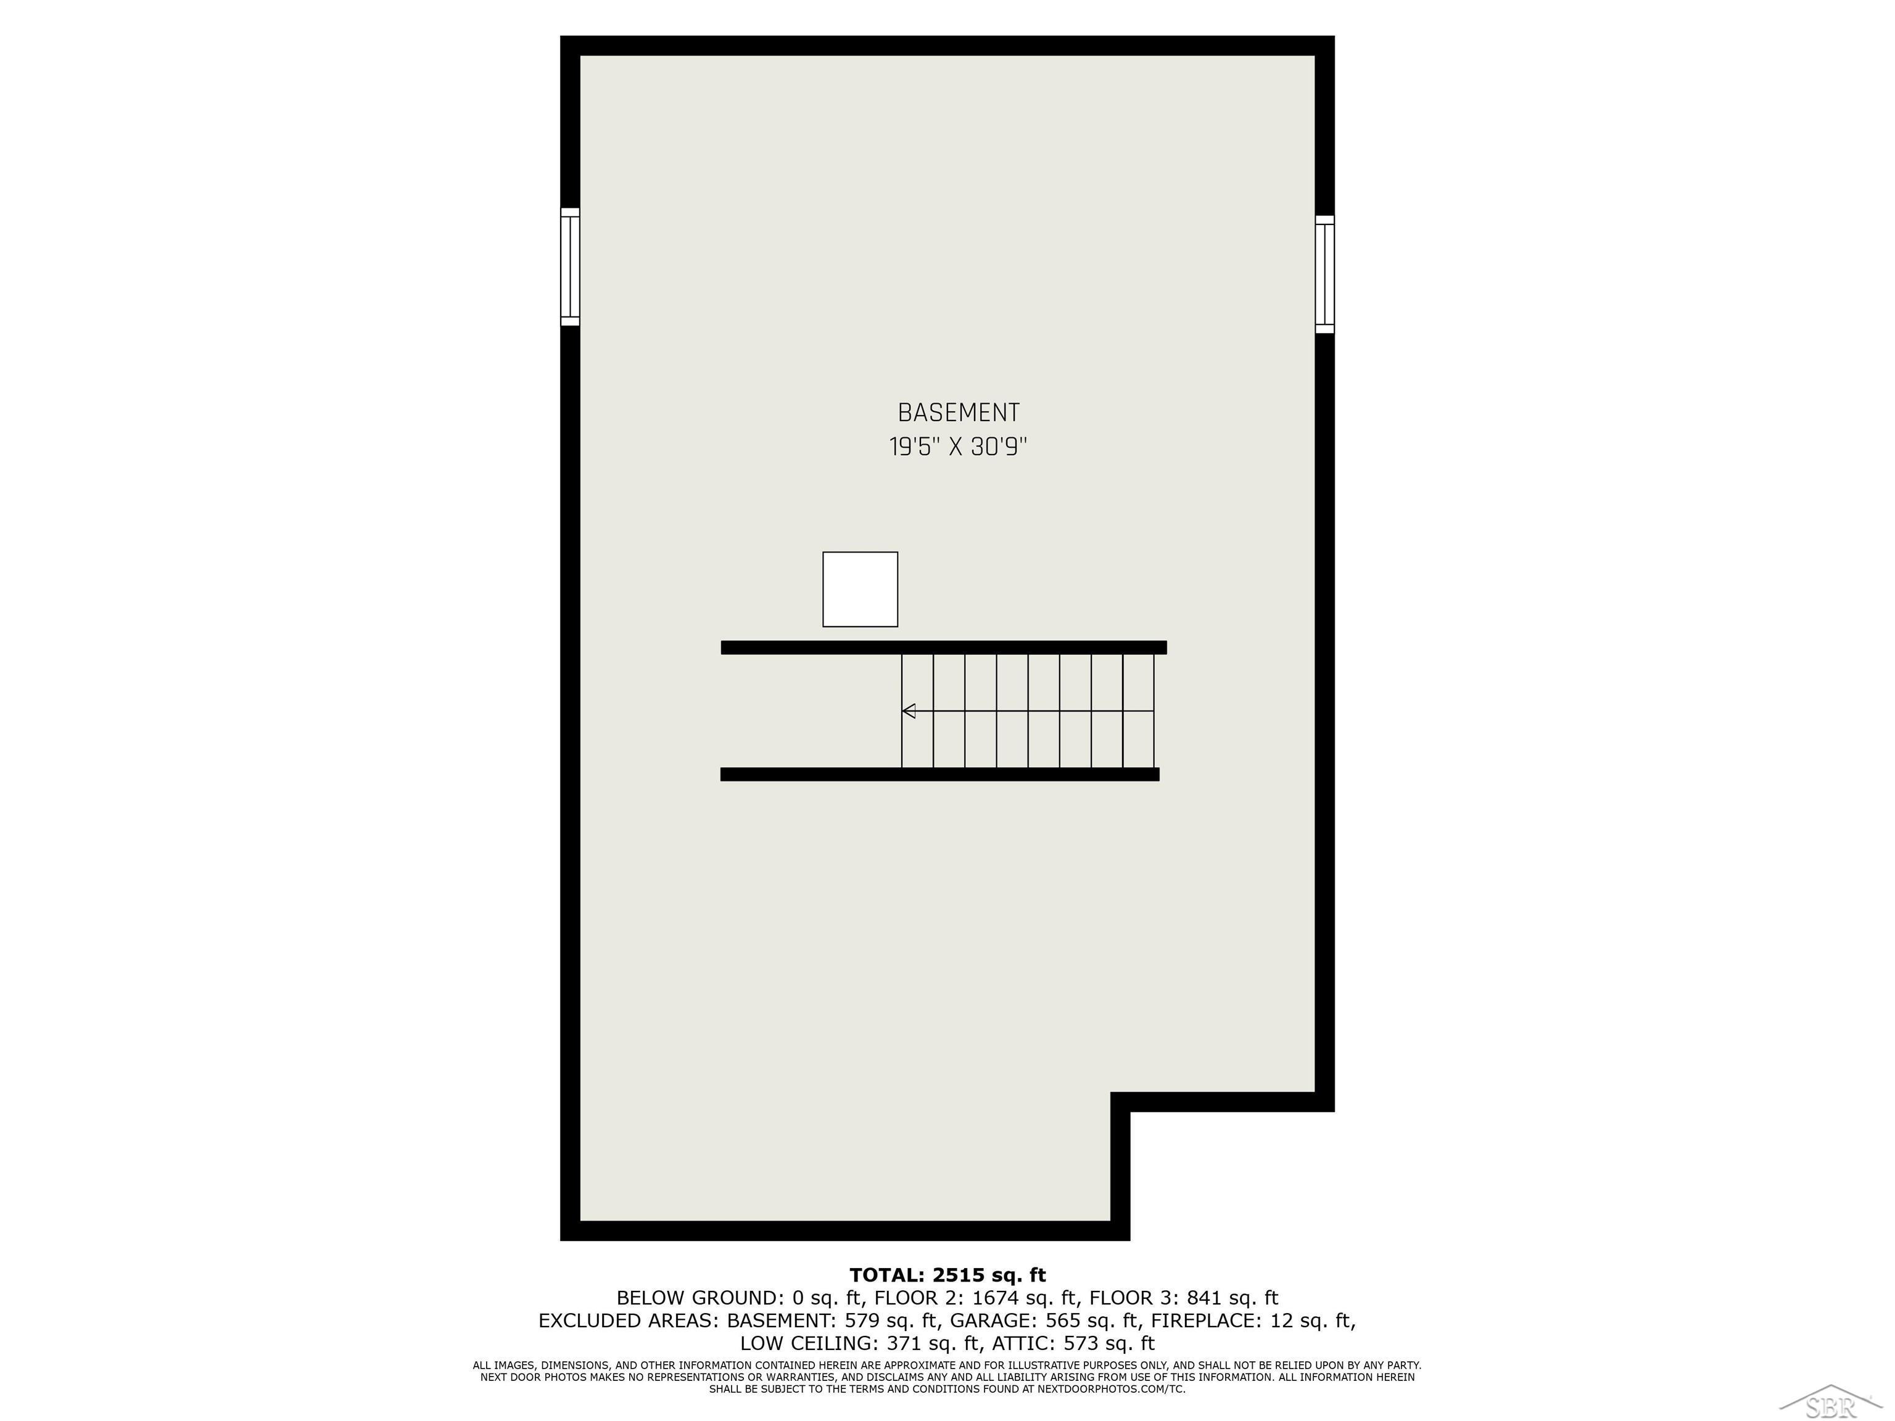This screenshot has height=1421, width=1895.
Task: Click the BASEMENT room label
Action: pos(958,413)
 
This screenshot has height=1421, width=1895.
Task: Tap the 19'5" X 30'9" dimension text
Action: pos(958,447)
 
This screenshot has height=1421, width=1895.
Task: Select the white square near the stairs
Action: pos(860,589)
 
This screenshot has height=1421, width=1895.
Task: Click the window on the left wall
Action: pos(570,266)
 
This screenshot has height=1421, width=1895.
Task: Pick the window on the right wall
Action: pos(1324,274)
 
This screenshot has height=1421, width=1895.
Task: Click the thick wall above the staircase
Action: pos(943,648)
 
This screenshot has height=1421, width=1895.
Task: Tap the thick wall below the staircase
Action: pos(940,774)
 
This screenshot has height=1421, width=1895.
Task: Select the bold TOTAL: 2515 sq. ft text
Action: pos(947,1275)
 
